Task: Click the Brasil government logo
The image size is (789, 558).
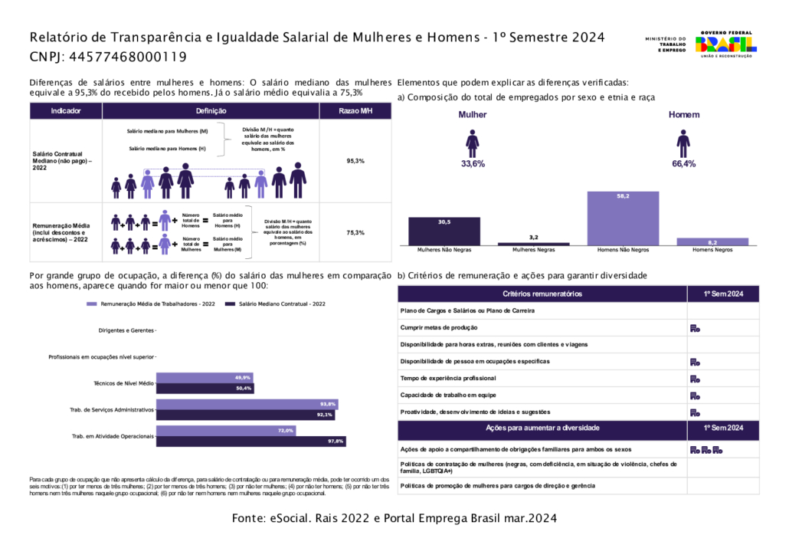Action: (x=725, y=44)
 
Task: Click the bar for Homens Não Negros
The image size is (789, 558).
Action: (x=623, y=218)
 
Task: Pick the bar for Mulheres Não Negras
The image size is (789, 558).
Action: (x=444, y=231)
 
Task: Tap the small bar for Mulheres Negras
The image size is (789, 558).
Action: (x=534, y=244)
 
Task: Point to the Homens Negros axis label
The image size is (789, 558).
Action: (x=712, y=250)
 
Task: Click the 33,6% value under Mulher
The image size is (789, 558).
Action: (x=473, y=164)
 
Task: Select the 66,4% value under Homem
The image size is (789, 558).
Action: (x=683, y=164)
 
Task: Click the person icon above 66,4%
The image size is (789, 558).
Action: (x=683, y=143)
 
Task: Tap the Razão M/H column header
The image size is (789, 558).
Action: (x=355, y=111)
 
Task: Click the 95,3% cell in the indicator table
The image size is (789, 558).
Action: (x=355, y=161)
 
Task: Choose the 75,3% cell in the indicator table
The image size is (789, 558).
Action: (x=355, y=232)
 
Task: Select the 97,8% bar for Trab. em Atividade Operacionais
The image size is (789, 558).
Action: (x=252, y=441)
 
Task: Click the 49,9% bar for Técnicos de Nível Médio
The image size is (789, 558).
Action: (x=205, y=378)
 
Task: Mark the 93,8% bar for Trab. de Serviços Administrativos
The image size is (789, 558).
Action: (x=247, y=404)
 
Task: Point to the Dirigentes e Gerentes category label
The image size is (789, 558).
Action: (x=126, y=331)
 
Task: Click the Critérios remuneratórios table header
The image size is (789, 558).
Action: (x=542, y=294)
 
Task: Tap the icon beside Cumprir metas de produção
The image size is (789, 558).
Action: (x=695, y=328)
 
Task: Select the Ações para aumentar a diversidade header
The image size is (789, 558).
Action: (x=542, y=428)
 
